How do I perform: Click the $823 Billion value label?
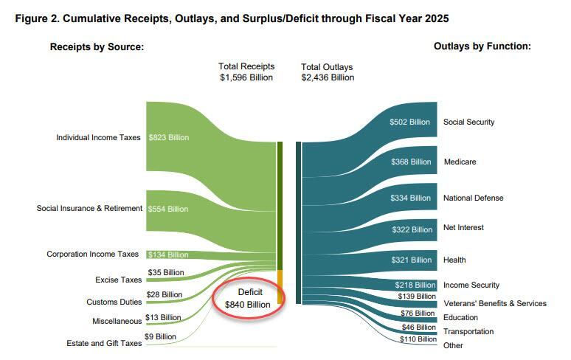[168, 137]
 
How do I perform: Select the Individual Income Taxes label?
[98, 137]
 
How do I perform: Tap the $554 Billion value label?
[168, 209]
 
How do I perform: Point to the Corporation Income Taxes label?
[92, 254]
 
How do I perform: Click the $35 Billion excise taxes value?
[165, 272]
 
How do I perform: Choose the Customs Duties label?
[113, 302]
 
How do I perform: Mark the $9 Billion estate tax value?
[161, 337]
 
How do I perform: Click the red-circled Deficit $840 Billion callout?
[247, 298]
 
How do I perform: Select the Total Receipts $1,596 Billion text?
[246, 72]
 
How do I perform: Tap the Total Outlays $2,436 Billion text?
[328, 72]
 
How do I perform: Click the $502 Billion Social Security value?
[410, 122]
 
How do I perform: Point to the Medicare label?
[460, 162]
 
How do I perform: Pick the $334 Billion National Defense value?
[410, 198]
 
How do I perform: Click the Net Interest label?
[463, 227]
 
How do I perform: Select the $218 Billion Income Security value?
[415, 285]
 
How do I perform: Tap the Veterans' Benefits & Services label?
[494, 303]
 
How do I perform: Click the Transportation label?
[468, 331]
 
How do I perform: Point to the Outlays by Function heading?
[482, 46]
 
